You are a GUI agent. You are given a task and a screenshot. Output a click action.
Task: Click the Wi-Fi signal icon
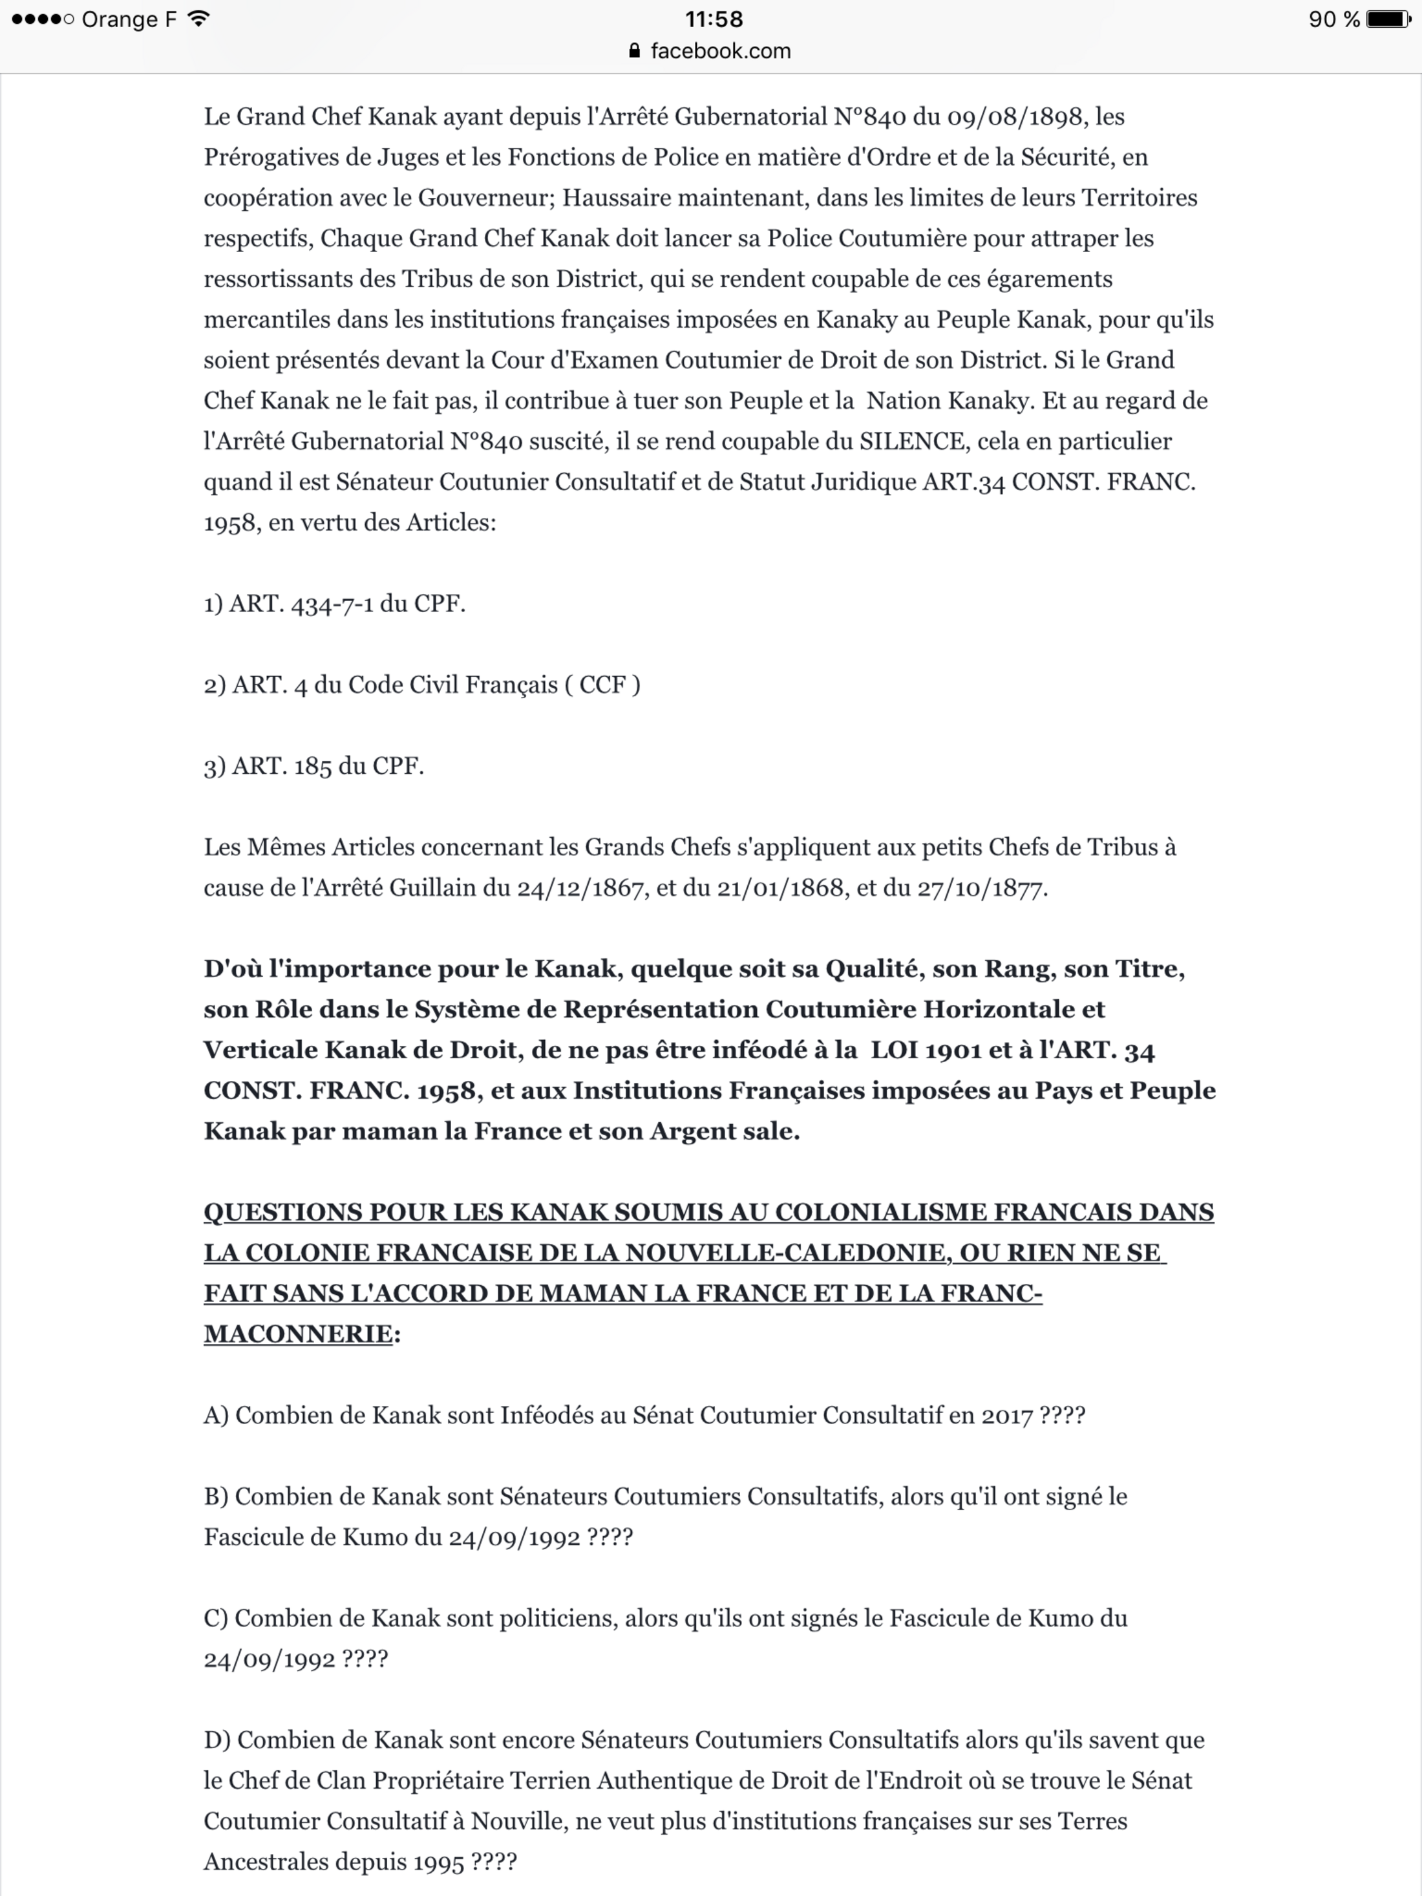pyautogui.click(x=199, y=19)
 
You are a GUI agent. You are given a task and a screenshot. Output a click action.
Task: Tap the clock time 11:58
pyautogui.click(x=713, y=19)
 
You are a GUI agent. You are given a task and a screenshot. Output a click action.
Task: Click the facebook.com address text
pyautogui.click(x=720, y=50)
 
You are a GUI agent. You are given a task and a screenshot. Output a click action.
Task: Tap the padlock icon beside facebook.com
pyautogui.click(x=634, y=50)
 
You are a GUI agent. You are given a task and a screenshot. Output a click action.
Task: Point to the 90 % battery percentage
pyautogui.click(x=1333, y=19)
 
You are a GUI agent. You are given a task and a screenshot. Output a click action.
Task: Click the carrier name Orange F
pyautogui.click(x=129, y=19)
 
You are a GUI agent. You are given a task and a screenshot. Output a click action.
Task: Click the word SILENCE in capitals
pyautogui.click(x=912, y=442)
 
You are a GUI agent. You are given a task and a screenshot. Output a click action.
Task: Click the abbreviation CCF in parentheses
pyautogui.click(x=602, y=685)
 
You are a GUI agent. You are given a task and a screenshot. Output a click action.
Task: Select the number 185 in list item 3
pyautogui.click(x=313, y=766)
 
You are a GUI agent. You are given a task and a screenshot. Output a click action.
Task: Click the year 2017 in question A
pyautogui.click(x=1007, y=1416)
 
